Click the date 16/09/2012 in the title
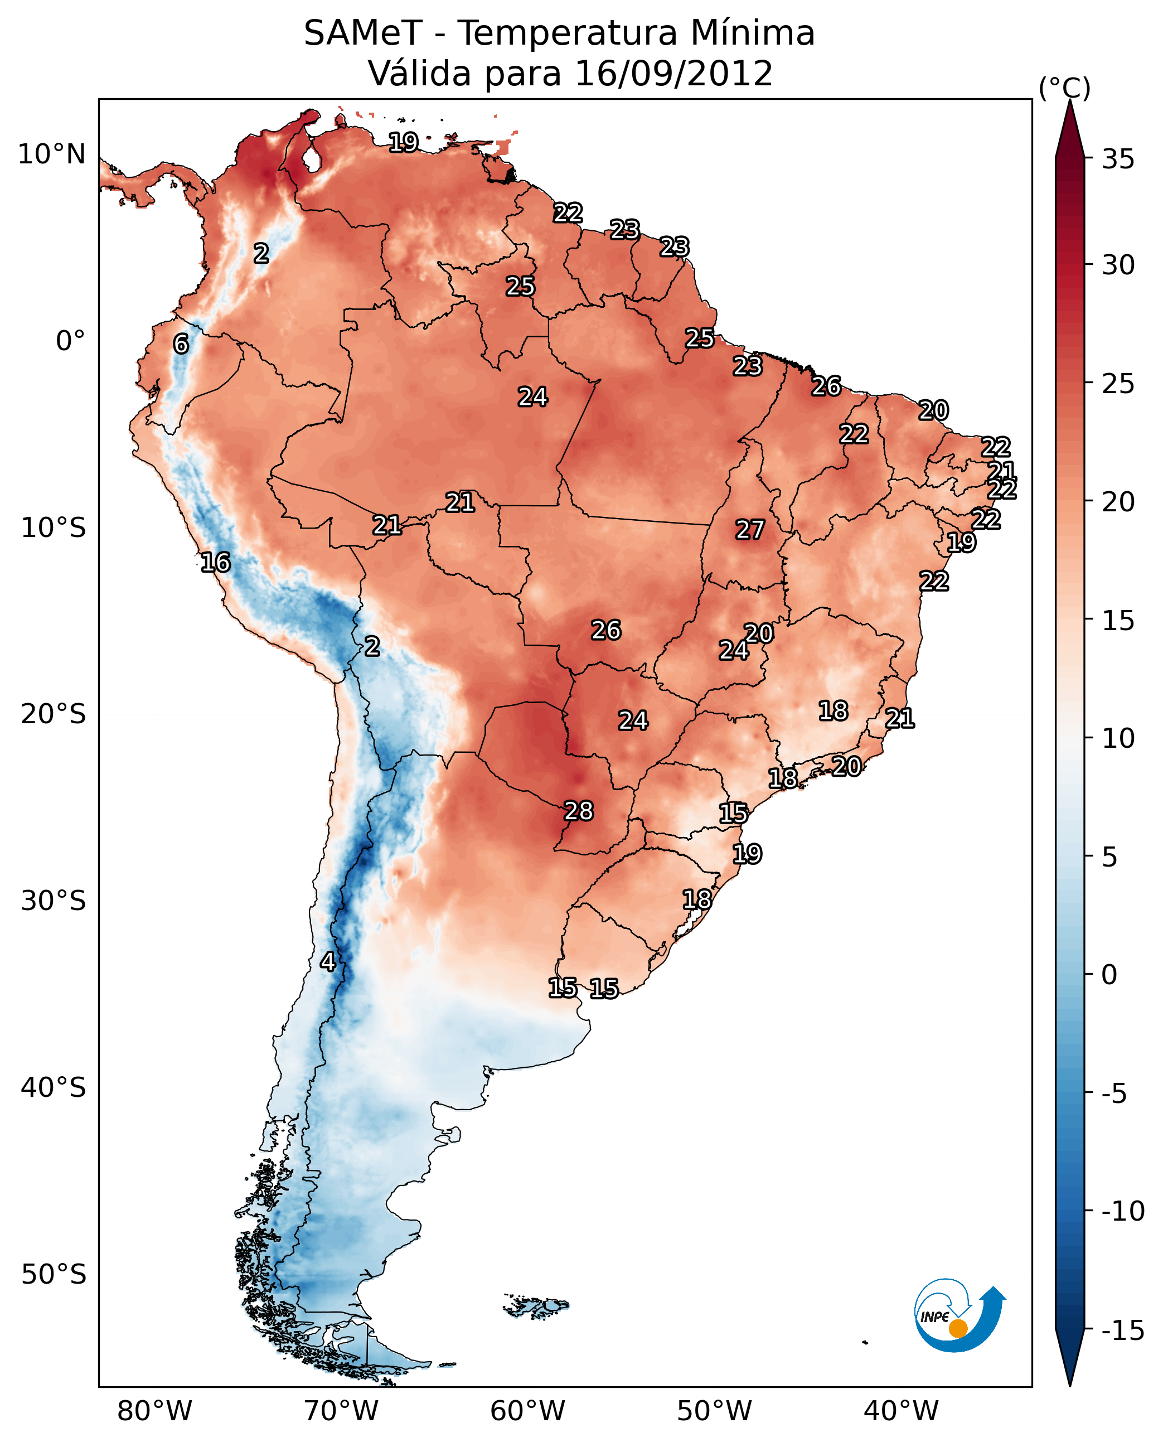click(673, 74)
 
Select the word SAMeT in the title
click(362, 33)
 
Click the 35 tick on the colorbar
click(1118, 159)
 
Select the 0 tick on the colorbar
click(1110, 975)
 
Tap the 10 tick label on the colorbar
click(1118, 738)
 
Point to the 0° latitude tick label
click(70, 341)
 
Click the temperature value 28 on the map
click(579, 811)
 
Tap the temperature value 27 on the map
click(750, 530)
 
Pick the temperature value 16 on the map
click(216, 562)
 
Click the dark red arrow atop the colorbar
click(1070, 130)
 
